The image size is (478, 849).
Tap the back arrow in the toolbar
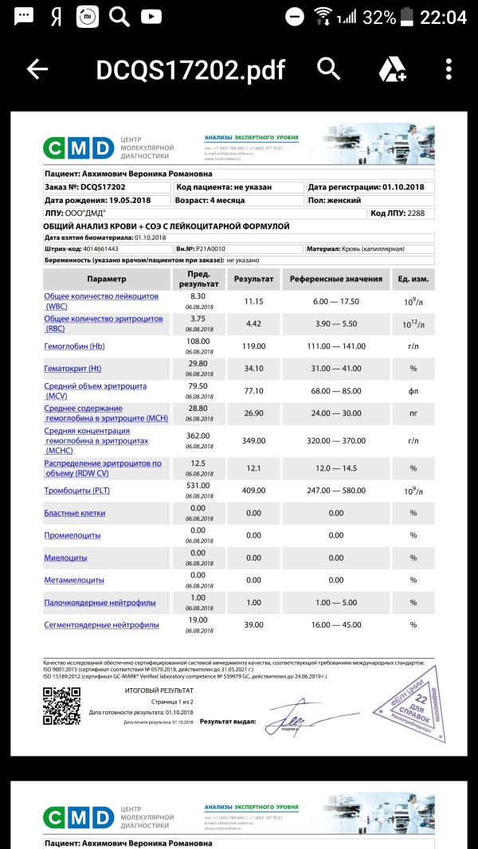(x=37, y=70)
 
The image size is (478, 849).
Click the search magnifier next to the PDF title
(x=328, y=69)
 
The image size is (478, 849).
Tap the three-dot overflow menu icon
(x=450, y=70)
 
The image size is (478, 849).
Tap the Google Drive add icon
(x=392, y=70)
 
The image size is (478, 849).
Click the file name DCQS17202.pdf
(x=190, y=70)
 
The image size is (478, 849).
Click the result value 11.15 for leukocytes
(x=253, y=301)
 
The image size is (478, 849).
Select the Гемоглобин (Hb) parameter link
(x=74, y=346)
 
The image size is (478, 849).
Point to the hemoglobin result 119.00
(x=253, y=346)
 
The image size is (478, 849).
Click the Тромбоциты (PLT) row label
(x=77, y=491)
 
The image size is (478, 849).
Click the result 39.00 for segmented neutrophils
(x=253, y=625)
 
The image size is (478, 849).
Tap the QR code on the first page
(x=61, y=706)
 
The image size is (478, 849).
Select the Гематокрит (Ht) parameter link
(x=72, y=369)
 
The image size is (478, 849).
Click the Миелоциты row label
(x=65, y=558)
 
